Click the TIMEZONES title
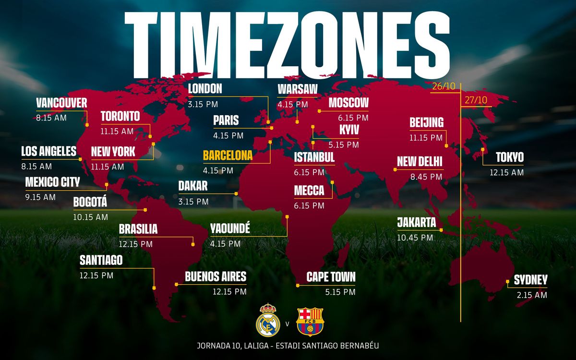[x=287, y=43]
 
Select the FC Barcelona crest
[x=310, y=321]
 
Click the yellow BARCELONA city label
[x=228, y=156]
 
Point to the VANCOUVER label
[x=61, y=103]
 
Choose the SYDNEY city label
[x=530, y=280]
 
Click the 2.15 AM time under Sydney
[x=532, y=295]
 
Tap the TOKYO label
[x=509, y=157]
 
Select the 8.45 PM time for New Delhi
[x=426, y=177]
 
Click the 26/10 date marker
[x=443, y=87]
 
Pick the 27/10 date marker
[x=476, y=100]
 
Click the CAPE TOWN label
[x=331, y=277]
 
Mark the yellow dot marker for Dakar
[x=236, y=194]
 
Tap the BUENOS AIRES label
[x=216, y=276]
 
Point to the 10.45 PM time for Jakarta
[x=415, y=238]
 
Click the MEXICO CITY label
[x=52, y=182]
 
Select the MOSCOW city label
[x=348, y=103]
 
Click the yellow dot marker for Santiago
[x=154, y=288]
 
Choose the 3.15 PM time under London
[x=203, y=103]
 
